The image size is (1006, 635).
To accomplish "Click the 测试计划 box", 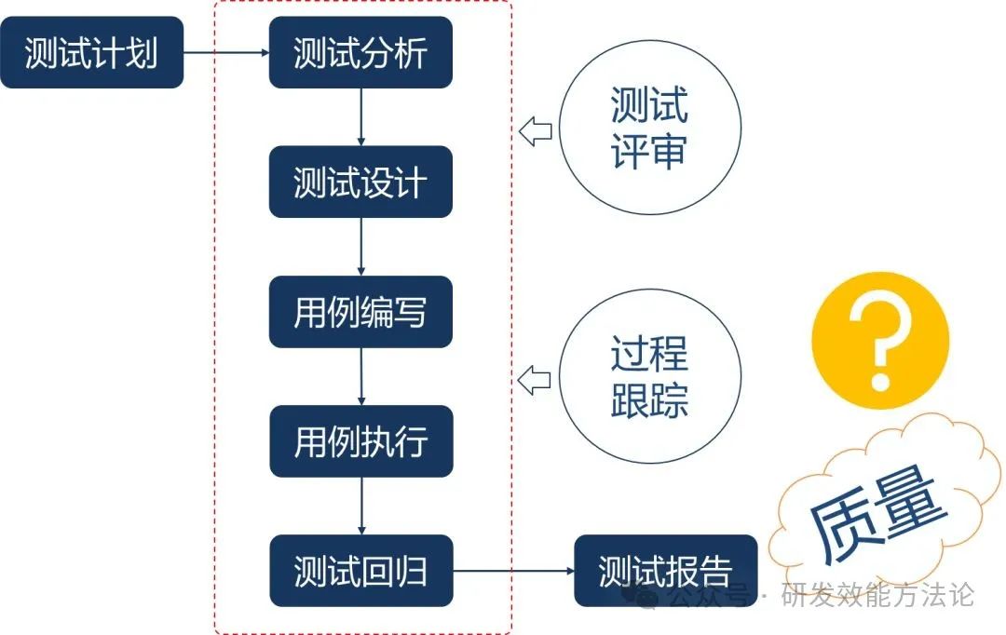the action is (91, 53).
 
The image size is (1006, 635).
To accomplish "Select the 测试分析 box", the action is (360, 53).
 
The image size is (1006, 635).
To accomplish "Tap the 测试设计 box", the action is (360, 182).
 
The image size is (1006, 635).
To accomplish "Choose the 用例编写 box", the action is (360, 312).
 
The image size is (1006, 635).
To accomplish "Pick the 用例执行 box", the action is (360, 440).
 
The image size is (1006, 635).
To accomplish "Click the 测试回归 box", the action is (360, 570).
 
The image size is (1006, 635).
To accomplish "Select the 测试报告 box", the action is (665, 570).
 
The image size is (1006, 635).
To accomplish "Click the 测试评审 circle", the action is (649, 128).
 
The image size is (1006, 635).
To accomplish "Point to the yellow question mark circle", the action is (879, 341).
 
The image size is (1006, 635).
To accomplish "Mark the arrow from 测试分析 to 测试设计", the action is (360, 117).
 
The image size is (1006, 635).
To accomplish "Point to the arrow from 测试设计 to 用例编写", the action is (360, 247).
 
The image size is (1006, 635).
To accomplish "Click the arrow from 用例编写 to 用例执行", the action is (360, 376).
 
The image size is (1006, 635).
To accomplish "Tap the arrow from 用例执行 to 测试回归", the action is (360, 506).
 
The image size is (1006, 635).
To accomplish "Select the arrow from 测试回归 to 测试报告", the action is (513, 570).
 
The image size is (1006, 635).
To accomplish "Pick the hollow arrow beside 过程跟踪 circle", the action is (535, 380).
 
